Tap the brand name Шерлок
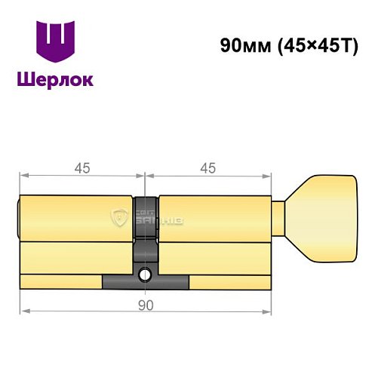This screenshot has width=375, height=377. (x=57, y=80)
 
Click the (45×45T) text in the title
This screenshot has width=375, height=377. (x=309, y=44)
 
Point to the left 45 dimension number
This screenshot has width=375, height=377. (x=81, y=168)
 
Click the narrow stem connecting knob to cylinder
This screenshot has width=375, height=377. (x=278, y=218)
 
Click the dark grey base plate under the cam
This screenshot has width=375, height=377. (x=146, y=283)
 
